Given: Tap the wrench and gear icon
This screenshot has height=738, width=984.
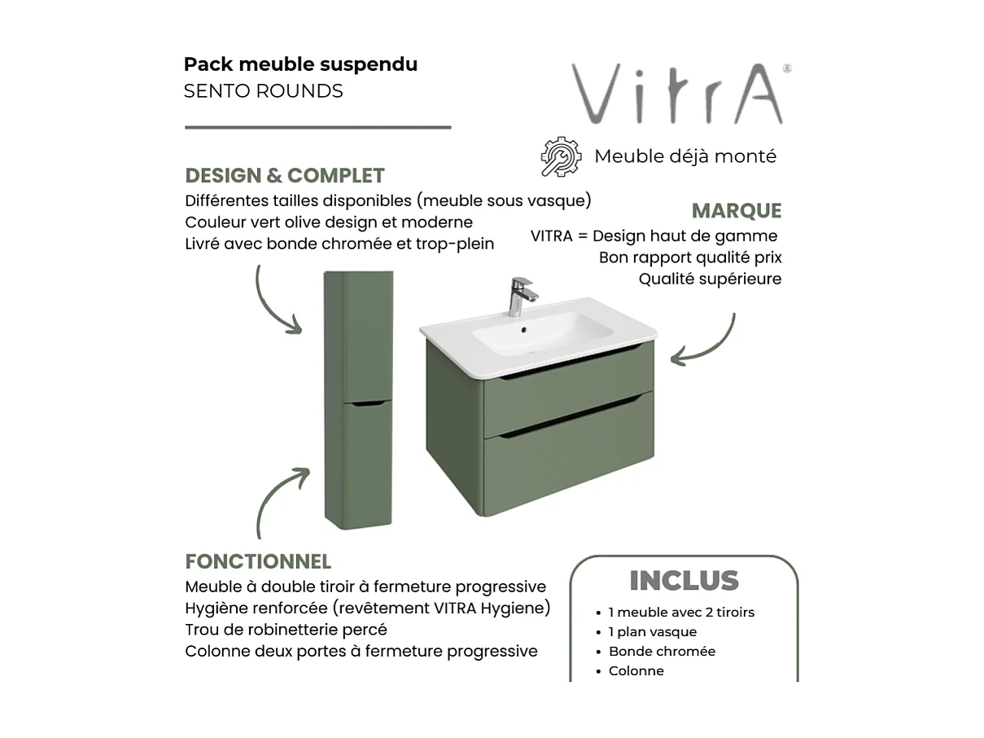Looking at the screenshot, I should coord(561,156).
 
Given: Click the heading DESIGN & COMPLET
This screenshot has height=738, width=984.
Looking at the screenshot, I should coord(285,176).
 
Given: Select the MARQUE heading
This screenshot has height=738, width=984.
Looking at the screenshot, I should coord(736,211).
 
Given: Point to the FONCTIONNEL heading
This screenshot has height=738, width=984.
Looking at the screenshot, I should coord(258,562).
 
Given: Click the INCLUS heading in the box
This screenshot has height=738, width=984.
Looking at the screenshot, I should coord(684,581).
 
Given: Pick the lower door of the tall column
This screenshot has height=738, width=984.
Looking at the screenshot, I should coord(358,464).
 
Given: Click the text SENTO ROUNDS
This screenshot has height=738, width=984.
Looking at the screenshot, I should coord(263,91).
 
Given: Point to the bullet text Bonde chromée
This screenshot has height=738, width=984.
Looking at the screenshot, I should coord(662,652).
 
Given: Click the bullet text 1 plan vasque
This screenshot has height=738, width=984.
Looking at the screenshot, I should coord(652,632).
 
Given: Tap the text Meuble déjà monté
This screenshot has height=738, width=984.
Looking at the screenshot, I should coord(685,156).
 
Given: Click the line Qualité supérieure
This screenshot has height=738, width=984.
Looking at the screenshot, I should coord(710,279).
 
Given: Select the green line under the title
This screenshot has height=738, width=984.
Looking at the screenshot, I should coord(317,127).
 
